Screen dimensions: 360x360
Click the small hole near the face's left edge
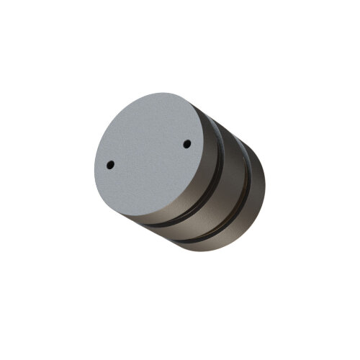(110, 165)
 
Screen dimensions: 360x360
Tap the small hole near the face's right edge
(187, 144)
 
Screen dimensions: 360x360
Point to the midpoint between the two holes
(149, 155)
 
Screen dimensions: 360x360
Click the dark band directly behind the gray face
(198, 194)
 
